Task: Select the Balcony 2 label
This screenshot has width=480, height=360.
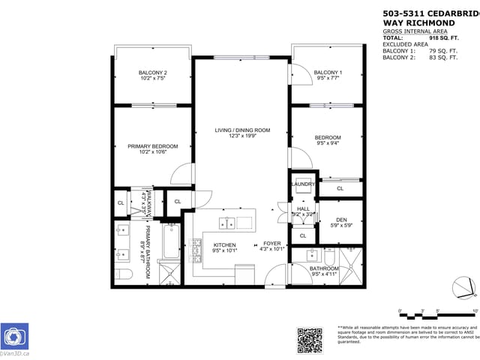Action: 152,72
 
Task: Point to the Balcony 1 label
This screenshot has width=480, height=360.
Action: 328,72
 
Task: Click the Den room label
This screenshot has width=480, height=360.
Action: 341,220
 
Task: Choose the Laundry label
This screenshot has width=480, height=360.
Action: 302,184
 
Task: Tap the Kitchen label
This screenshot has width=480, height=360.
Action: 224,245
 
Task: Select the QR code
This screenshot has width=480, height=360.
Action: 310,339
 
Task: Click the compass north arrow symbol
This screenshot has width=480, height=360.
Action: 464,287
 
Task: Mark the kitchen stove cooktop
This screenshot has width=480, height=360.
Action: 198,251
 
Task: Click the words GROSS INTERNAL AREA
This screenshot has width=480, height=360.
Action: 412,30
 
